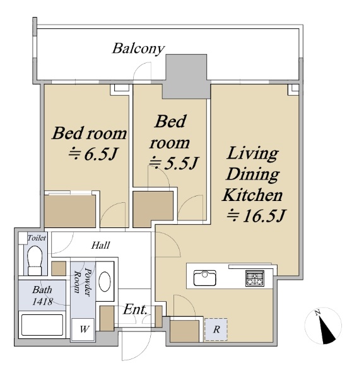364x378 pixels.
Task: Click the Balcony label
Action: tap(138, 49)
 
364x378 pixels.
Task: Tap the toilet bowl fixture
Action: tap(35, 261)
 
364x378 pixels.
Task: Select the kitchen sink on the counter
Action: tap(204, 278)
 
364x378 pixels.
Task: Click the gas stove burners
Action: tap(255, 278)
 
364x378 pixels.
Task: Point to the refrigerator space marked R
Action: tap(216, 329)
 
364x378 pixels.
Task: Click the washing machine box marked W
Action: tap(83, 329)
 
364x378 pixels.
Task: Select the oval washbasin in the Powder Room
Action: tap(105, 282)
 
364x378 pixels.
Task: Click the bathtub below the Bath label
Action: tap(42, 324)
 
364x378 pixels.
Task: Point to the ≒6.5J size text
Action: tap(93, 154)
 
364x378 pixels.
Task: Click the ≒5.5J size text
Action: tap(173, 163)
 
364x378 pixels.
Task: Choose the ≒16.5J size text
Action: tap(256, 215)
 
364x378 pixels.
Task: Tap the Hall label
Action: tap(100, 246)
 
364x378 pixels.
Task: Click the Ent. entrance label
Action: tap(135, 309)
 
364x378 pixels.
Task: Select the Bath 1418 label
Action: tap(42, 295)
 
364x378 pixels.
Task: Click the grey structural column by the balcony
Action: tap(186, 77)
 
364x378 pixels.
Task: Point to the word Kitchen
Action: tap(252, 195)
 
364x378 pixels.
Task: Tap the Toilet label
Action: tap(37, 238)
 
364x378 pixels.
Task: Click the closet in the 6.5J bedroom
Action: tap(70, 211)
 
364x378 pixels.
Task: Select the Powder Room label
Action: tap(82, 282)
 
